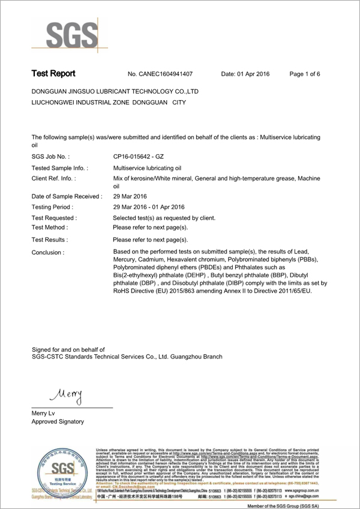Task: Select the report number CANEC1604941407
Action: pyautogui.click(x=160, y=74)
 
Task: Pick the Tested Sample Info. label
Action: pyautogui.click(x=59, y=168)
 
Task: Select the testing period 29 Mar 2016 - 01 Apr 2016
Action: pyautogui.click(x=148, y=207)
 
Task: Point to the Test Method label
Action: pyautogui.click(x=50, y=228)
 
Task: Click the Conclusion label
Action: pyautogui.click(x=48, y=252)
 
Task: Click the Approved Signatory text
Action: pyautogui.click(x=58, y=421)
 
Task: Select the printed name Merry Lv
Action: pyautogui.click(x=44, y=414)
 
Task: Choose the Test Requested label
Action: pyautogui.click(x=54, y=218)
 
